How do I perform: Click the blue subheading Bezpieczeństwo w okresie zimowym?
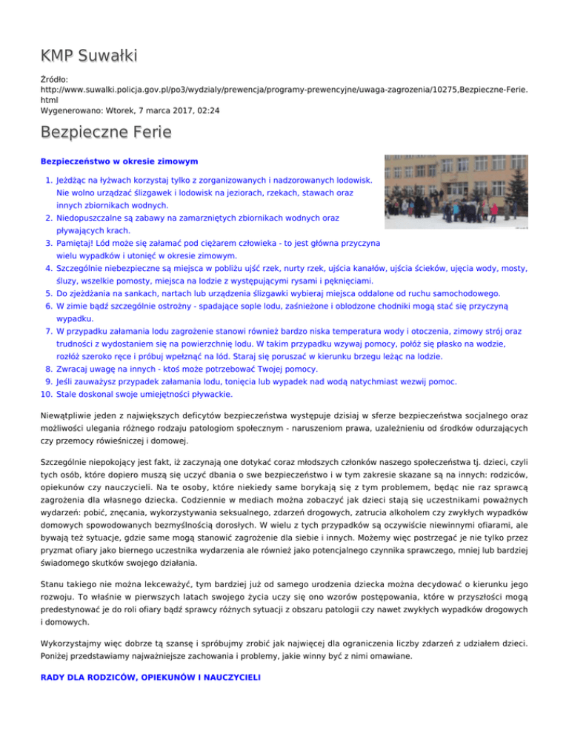[119, 160]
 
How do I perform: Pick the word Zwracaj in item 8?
[73, 369]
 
